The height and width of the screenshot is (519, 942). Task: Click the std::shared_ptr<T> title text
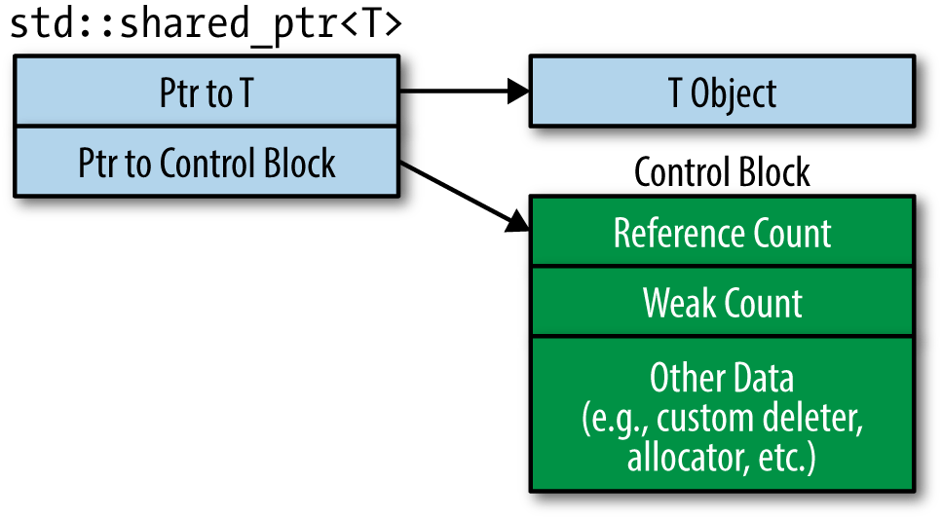point(205,25)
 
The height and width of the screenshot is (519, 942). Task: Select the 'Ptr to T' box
point(206,93)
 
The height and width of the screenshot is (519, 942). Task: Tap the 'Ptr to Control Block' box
point(206,162)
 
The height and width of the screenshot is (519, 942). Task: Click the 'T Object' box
point(721,93)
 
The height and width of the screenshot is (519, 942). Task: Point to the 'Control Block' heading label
point(721,172)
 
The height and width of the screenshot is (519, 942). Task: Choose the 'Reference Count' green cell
point(721,233)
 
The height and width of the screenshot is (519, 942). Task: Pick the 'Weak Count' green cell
point(721,303)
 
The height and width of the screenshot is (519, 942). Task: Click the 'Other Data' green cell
point(721,415)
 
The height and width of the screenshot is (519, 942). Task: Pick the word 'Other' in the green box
point(677,378)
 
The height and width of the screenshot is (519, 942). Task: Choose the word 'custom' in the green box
point(709,419)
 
